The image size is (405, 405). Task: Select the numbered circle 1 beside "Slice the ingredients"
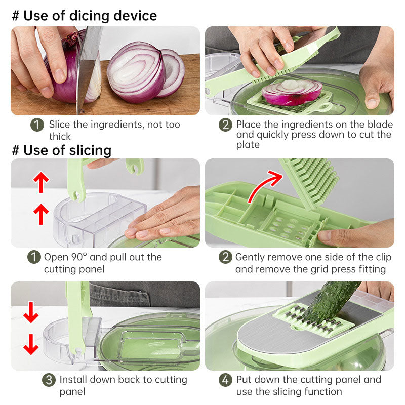coord(37,125)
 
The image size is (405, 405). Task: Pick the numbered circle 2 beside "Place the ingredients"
coord(225,125)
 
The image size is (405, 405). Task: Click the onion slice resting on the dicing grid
coord(292,91)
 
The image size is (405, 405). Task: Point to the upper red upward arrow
coord(41,181)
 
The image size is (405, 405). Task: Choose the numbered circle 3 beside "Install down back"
coord(48,380)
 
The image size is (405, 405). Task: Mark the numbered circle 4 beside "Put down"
coord(225,380)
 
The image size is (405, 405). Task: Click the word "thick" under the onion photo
coord(60,137)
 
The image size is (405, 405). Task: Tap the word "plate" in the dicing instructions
coord(247,145)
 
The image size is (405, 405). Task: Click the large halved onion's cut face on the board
coord(136,71)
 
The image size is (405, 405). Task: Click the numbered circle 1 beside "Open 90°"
coord(33,257)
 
